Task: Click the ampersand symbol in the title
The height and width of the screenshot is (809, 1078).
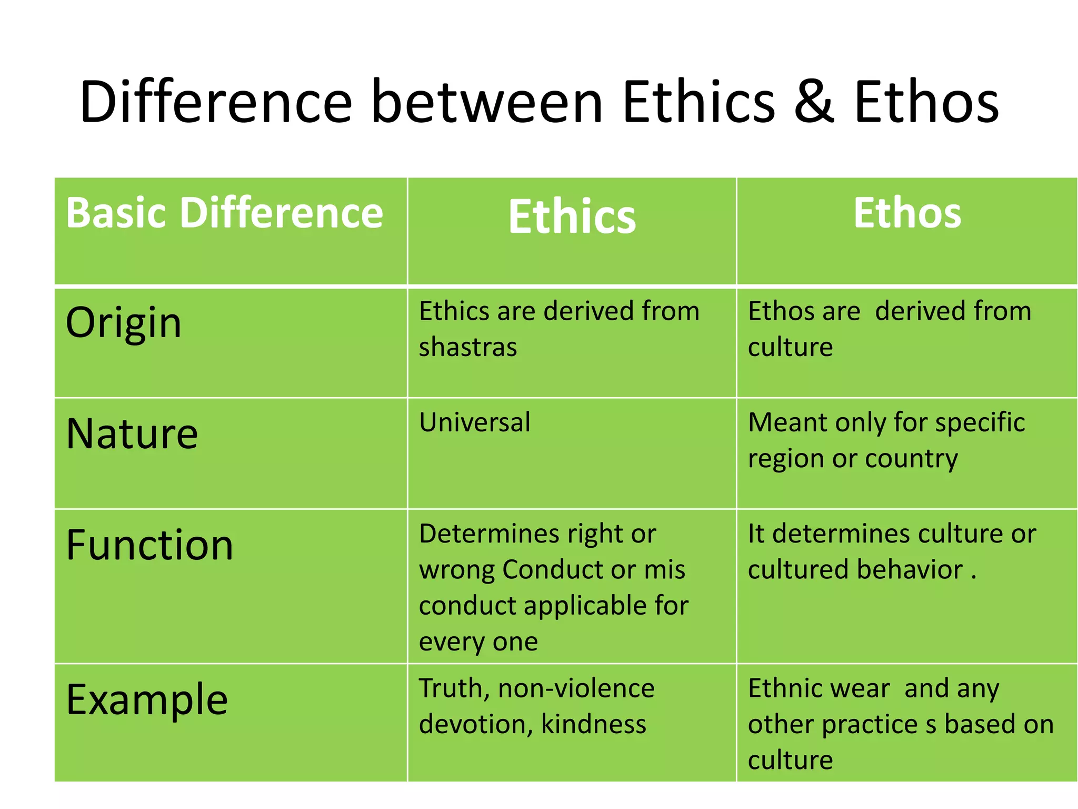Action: coord(814,102)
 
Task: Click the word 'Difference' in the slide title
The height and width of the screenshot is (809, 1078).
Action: coord(216,102)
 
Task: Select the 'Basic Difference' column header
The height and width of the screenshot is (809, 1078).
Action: coord(225,213)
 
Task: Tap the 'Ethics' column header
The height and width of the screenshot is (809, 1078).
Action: coord(572,216)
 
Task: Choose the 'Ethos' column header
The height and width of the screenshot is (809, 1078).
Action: coord(907,213)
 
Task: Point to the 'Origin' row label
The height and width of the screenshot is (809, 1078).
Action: coord(124,322)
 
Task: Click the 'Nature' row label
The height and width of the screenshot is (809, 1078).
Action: coord(132,433)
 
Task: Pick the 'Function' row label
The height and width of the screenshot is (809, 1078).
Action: coord(149,545)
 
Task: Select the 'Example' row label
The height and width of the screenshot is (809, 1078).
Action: coord(147,700)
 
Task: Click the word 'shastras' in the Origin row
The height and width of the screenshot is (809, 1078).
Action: coord(468,348)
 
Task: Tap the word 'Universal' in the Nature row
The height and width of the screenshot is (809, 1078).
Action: coord(475,422)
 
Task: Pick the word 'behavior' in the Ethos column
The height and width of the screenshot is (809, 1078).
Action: coord(910,570)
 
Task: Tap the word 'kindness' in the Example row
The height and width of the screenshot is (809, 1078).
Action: coord(593,725)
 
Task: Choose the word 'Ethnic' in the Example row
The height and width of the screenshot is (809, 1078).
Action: coord(781,689)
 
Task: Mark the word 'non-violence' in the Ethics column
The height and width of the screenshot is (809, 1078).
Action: coord(576,689)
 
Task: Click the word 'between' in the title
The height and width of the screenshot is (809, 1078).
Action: coord(487,102)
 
